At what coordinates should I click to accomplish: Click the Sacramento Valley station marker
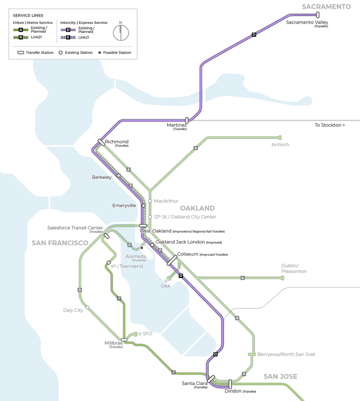tap(317, 15)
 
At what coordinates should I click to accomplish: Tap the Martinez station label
tap(175, 125)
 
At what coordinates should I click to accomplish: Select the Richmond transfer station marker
tap(102, 143)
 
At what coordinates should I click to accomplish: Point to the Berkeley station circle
tap(119, 176)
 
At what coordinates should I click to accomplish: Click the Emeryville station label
tap(124, 206)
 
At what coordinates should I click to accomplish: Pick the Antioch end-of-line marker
tap(280, 137)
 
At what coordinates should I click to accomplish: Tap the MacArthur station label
tap(166, 201)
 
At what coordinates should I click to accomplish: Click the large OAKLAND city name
tap(197, 208)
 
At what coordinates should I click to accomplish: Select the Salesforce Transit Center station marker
tap(106, 236)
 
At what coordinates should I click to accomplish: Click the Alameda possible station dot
tap(142, 248)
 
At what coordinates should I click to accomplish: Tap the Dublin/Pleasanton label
tap(294, 268)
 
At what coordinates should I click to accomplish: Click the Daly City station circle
tap(87, 308)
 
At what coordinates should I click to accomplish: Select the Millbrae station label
tap(113, 343)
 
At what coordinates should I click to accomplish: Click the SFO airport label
tap(147, 334)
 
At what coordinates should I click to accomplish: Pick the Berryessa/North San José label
tap(286, 354)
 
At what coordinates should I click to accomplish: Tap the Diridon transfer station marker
tap(230, 384)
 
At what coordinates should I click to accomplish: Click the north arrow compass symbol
tap(121, 32)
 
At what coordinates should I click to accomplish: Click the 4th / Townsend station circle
tap(109, 263)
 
